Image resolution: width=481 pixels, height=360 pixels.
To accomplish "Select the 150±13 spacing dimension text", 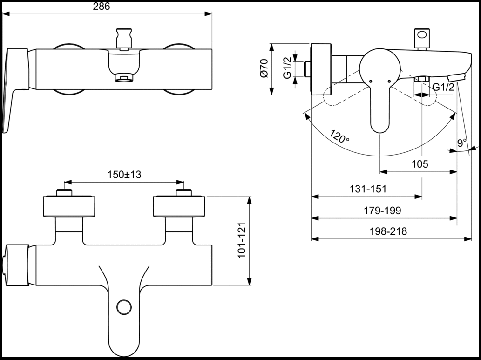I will pos(124,175).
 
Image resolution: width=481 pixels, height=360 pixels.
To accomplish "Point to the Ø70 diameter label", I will pos(264,69).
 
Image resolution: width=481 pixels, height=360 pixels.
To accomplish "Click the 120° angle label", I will pos(339,136).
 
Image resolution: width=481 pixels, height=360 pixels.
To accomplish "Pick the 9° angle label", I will pos(461,143).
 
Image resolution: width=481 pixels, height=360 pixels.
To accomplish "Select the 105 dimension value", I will pos(420,164).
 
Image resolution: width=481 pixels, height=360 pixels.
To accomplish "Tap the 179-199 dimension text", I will pos(382,211).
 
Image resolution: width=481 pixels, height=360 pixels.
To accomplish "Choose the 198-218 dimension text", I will pos(388,231).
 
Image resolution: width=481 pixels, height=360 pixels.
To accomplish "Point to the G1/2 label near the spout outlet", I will pos(443,87).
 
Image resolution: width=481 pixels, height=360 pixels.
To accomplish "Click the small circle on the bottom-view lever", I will pos(124,307).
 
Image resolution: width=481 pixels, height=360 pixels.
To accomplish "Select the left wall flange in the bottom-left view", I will pos(69,207).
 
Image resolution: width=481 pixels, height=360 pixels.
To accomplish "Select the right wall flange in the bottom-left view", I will pos(179,207).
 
